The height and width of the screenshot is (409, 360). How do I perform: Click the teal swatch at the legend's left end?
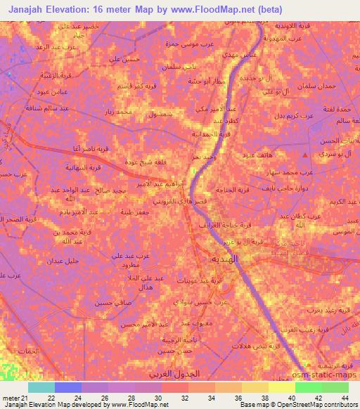(41, 387)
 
